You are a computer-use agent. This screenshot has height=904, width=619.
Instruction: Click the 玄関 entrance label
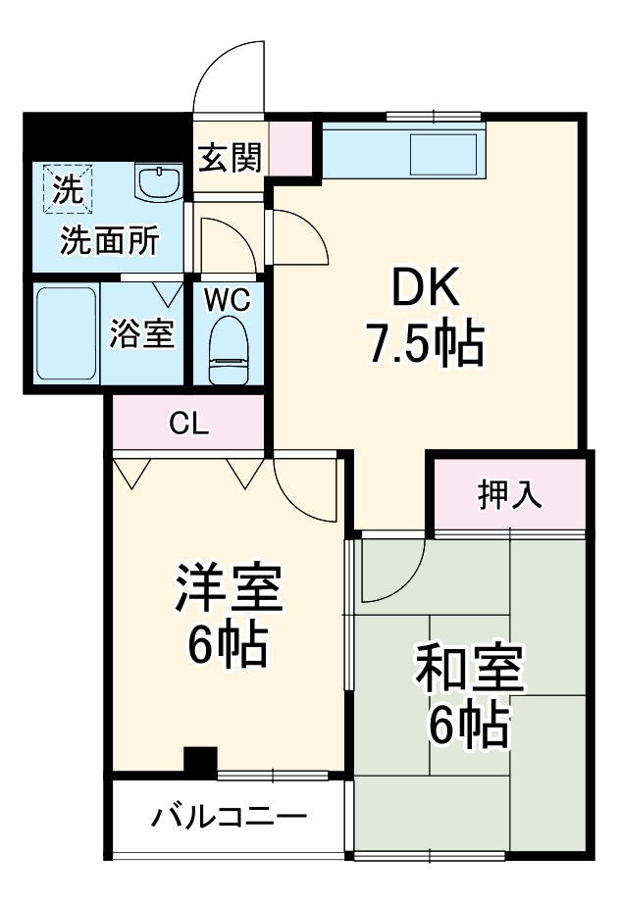coord(231,157)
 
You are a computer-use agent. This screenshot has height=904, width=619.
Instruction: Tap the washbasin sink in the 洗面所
coord(157,182)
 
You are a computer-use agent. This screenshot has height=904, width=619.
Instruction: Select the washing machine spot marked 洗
coord(67,187)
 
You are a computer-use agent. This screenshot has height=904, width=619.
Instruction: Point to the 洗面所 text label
coord(108,241)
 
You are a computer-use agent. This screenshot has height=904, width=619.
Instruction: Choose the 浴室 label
coord(142,333)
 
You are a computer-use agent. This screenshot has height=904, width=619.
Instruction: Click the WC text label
coord(227,299)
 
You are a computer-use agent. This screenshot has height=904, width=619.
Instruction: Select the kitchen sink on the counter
coord(442,154)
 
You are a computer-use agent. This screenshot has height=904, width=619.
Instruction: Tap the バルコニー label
coord(230,818)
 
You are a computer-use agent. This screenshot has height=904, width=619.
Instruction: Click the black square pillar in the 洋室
coord(201,761)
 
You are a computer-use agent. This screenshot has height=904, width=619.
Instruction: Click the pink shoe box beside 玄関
coord(289,148)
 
